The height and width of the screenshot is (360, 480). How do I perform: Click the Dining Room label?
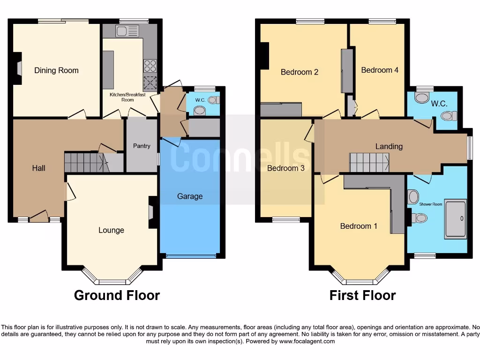[56, 70]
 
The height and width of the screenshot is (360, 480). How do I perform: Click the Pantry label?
[142, 146]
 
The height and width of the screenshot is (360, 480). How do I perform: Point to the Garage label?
[190, 196]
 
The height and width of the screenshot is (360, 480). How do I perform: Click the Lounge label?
[111, 230]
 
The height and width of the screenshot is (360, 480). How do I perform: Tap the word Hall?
[39, 168]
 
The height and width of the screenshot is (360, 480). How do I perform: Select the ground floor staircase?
[84, 162]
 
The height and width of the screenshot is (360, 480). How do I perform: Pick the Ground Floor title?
[117, 295]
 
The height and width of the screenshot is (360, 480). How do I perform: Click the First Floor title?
[362, 295]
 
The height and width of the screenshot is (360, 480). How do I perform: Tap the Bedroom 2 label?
[300, 72]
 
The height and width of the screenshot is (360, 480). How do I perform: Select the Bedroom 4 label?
[380, 70]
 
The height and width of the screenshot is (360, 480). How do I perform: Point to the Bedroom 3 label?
[286, 168]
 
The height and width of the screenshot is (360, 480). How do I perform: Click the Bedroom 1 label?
[359, 226]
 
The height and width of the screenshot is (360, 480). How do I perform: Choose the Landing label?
[389, 146]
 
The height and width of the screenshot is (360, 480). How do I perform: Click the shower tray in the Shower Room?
[455, 219]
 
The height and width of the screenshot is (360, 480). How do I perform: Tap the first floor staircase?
[369, 162]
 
